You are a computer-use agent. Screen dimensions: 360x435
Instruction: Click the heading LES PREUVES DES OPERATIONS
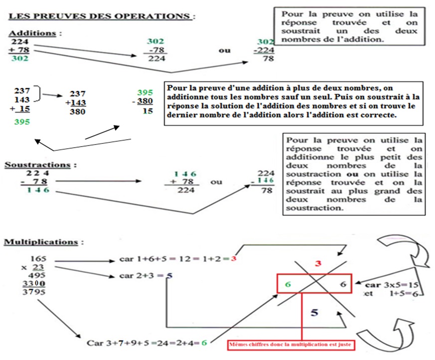pos(101,16)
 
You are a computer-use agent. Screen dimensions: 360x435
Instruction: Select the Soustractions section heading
pos(41,164)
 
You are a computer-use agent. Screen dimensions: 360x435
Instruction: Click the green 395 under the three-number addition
pos(21,122)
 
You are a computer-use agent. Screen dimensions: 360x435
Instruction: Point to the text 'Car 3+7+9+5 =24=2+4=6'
pos(146,343)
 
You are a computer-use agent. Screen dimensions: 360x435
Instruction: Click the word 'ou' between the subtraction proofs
pos(216,182)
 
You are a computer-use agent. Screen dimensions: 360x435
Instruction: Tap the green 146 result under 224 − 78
pos(39,190)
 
